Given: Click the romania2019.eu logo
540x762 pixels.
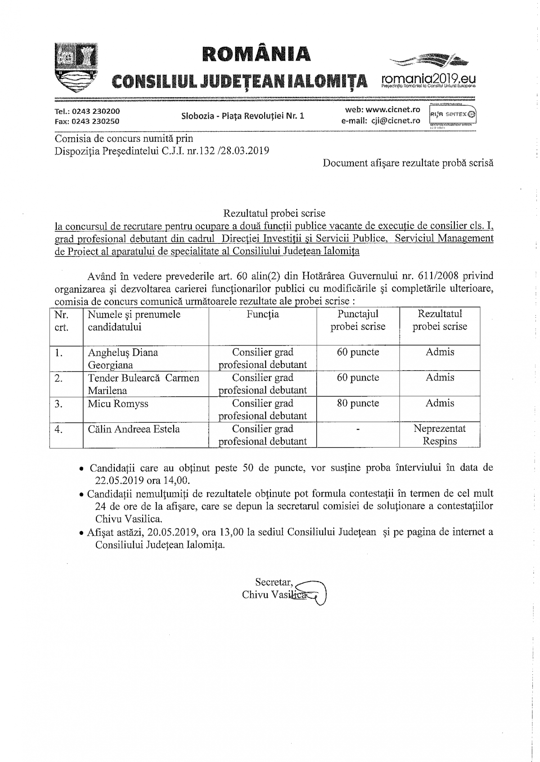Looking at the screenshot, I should pyautogui.click(x=427, y=72).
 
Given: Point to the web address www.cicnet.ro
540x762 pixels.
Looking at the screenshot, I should pyautogui.click(x=393, y=110).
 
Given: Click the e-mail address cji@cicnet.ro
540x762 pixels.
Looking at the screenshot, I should pyautogui.click(x=395, y=121).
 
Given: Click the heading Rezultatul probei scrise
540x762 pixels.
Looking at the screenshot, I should pyautogui.click(x=274, y=213).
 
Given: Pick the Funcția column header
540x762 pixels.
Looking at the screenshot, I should pyautogui.click(x=262, y=314).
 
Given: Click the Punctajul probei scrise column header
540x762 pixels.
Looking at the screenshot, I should pyautogui.click(x=358, y=320).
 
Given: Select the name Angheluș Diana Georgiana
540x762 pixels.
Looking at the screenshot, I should pyautogui.click(x=123, y=359).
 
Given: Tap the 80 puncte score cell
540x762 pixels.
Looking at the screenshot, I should pyautogui.click(x=358, y=403).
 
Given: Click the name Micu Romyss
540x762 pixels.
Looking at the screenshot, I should pyautogui.click(x=118, y=404).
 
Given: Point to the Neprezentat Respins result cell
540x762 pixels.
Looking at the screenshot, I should pyautogui.click(x=440, y=435).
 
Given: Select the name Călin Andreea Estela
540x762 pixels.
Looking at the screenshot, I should pyautogui.click(x=134, y=429).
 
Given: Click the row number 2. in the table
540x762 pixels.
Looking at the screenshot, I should pyautogui.click(x=58, y=378).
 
